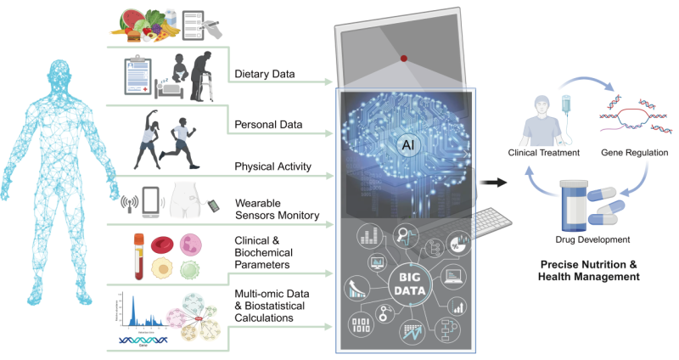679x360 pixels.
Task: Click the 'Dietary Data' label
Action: pyautogui.click(x=265, y=75)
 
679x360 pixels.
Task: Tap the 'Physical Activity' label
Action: pyautogui.click(x=272, y=166)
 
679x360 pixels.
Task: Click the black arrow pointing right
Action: pyautogui.click(x=492, y=182)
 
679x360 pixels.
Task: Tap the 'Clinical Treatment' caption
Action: pyautogui.click(x=543, y=153)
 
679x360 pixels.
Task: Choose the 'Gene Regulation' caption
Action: pyautogui.click(x=636, y=153)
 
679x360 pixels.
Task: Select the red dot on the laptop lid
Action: pyautogui.click(x=404, y=59)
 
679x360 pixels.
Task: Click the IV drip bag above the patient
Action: pyautogui.click(x=566, y=105)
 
